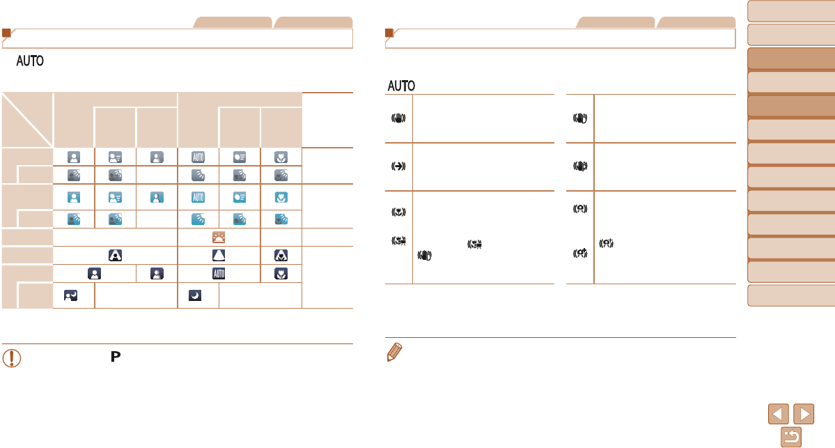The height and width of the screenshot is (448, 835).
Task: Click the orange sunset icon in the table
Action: pos(219,237)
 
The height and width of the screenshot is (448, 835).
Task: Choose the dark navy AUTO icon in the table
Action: pos(219,272)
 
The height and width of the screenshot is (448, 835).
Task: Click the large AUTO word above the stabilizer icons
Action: pos(401,86)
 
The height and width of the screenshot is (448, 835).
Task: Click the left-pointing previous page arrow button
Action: pos(779,414)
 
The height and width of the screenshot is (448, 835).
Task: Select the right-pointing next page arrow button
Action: pos(804,414)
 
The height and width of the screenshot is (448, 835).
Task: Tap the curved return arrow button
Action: pos(791,436)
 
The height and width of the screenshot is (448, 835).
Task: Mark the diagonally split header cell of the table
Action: pos(27,119)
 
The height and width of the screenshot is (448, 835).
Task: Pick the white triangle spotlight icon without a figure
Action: pos(219,254)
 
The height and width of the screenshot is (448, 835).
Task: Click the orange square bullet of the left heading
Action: pos(6,33)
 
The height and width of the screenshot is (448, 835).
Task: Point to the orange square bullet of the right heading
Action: pos(389,33)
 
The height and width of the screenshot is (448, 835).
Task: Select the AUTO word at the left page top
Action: pos(33,62)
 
